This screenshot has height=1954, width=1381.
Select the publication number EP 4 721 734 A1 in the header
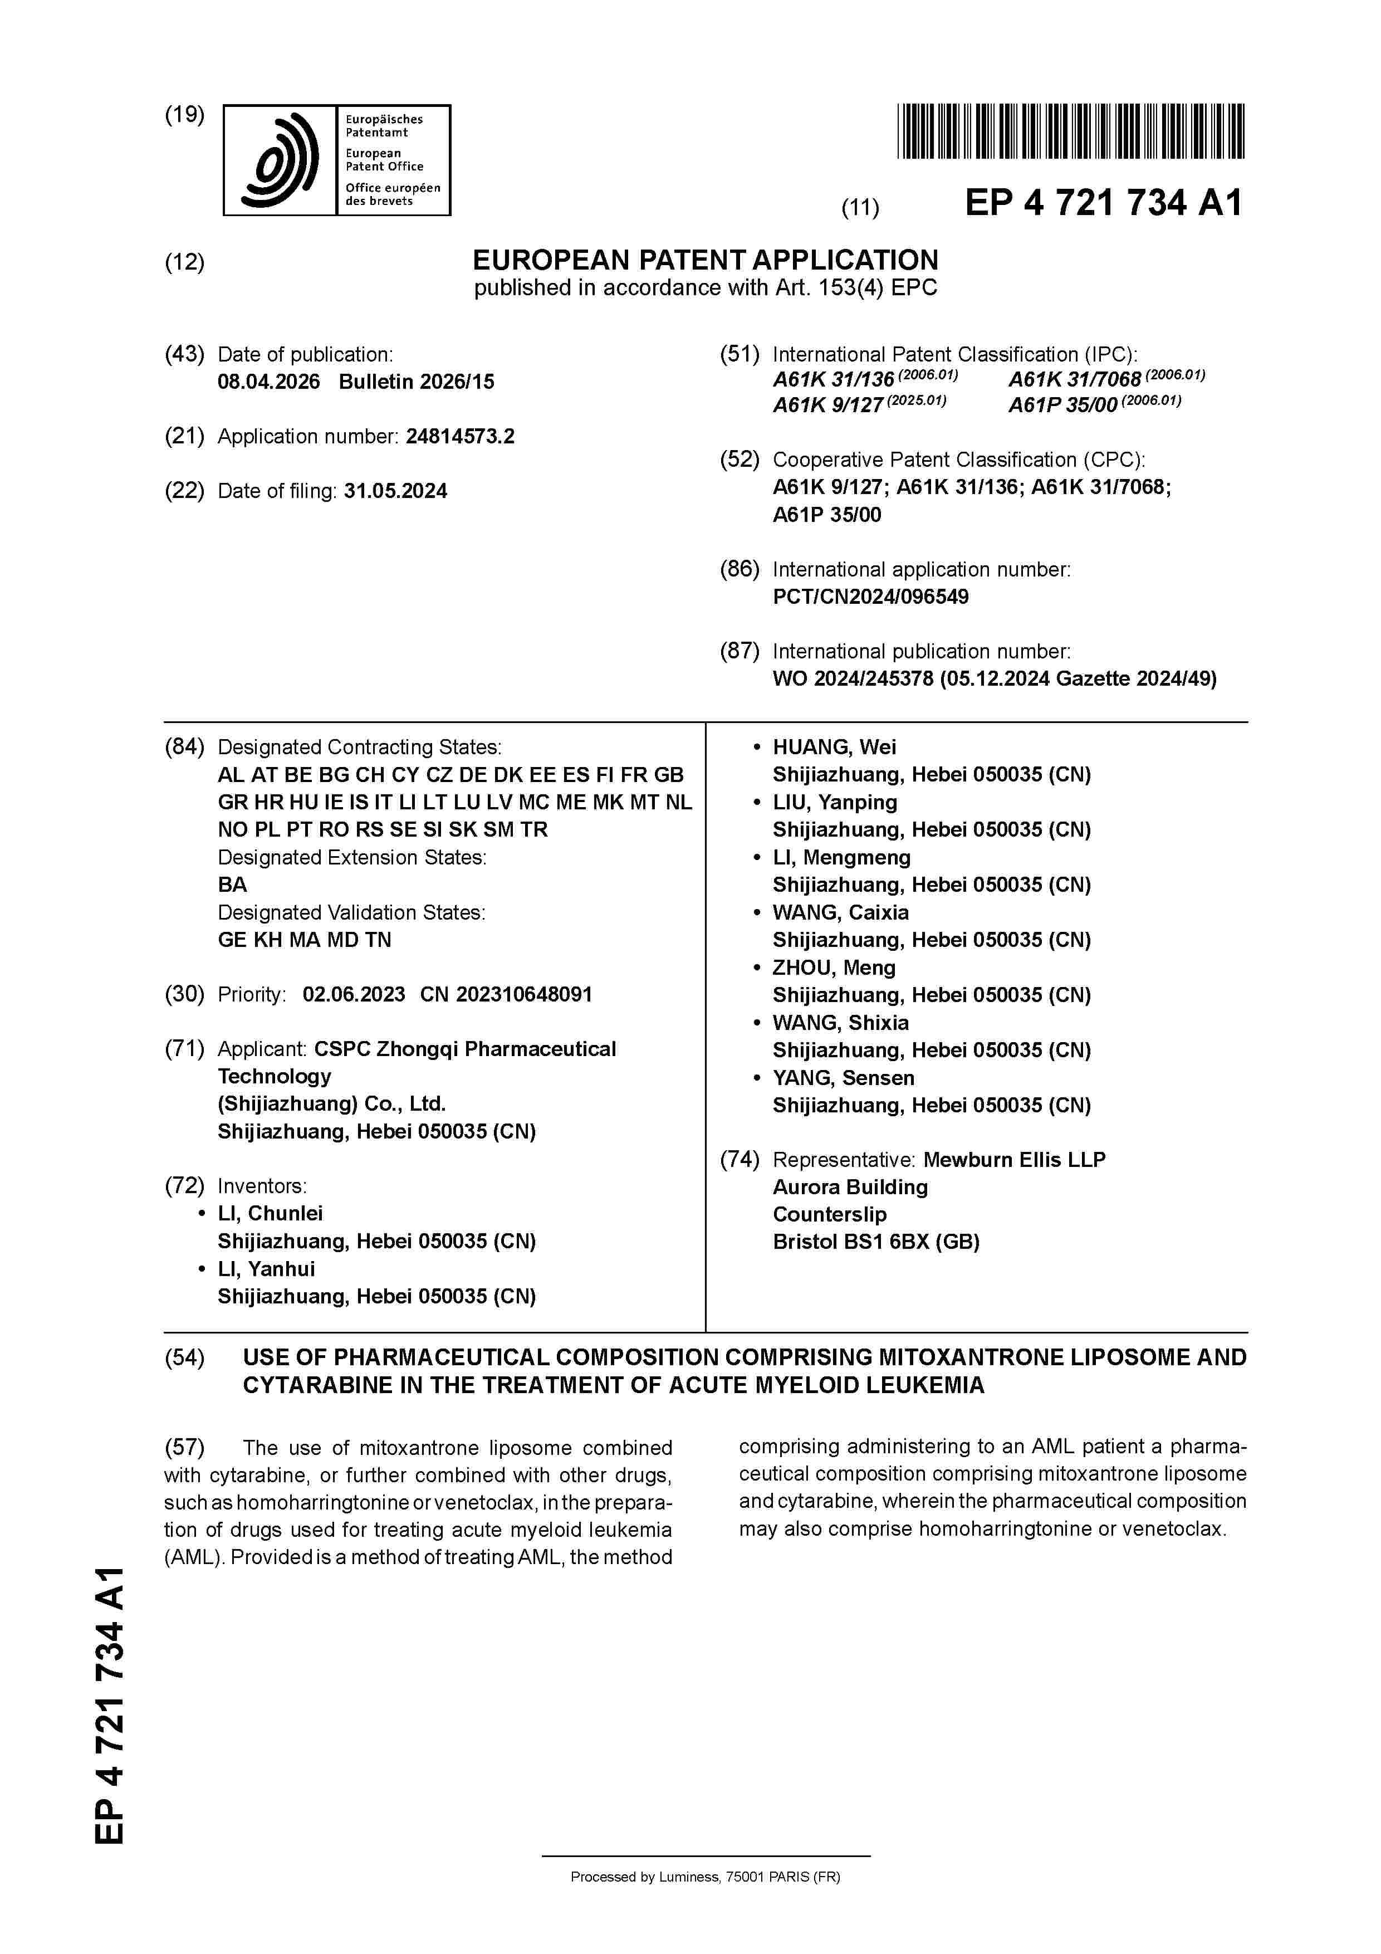(1103, 203)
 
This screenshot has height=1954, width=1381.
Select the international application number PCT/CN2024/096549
(870, 597)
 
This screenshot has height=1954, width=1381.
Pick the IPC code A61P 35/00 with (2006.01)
(1094, 405)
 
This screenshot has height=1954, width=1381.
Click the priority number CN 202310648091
(506, 994)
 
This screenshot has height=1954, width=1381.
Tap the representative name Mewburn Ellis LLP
(1013, 1159)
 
